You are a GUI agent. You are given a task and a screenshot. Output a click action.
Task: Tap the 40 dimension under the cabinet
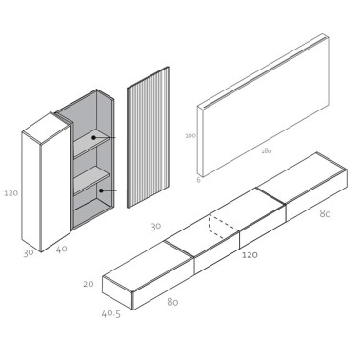[x=62, y=250]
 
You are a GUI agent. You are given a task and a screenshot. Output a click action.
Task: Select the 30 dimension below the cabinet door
[x=30, y=253]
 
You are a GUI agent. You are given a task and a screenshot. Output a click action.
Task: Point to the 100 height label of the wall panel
[x=190, y=136]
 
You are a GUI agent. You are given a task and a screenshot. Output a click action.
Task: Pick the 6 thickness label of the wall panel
[x=198, y=179]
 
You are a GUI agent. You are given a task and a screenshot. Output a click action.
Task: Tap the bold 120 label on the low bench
[x=250, y=255]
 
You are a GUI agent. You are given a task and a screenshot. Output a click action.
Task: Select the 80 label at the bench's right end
[x=326, y=213]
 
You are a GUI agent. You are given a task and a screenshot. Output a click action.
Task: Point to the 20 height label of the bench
[x=89, y=284]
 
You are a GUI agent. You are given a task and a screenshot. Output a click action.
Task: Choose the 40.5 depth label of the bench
[x=112, y=313]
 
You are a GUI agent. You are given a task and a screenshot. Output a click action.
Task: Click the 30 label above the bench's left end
[x=154, y=226]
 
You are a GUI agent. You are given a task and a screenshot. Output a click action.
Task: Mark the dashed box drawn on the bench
[x=223, y=228]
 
